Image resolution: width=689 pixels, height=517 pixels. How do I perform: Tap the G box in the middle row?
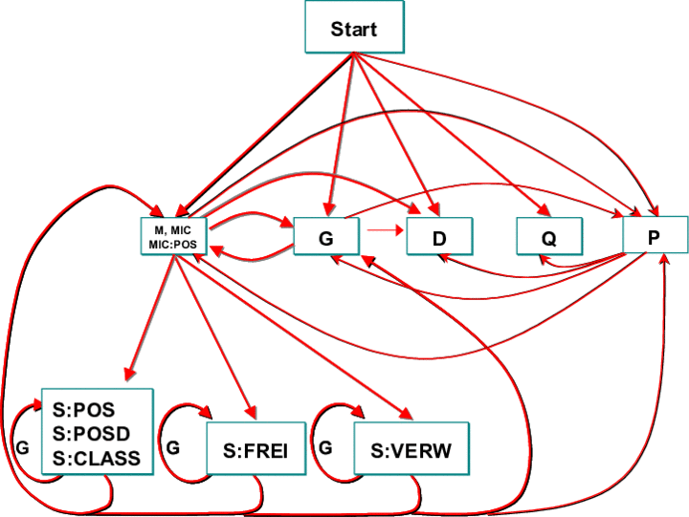pyautogui.click(x=326, y=236)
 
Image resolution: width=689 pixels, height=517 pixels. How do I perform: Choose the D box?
pyautogui.click(x=439, y=236)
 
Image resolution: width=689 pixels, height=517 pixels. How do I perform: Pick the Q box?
pyautogui.click(x=548, y=236)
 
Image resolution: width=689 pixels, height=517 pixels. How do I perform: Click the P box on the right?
pyautogui.click(x=655, y=235)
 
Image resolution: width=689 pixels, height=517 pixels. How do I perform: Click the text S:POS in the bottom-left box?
pyautogui.click(x=82, y=410)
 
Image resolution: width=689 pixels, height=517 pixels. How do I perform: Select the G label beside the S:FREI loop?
pyautogui.click(x=172, y=446)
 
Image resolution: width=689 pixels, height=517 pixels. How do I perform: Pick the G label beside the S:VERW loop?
pyautogui.click(x=326, y=446)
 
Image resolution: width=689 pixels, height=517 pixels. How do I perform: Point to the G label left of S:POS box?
pyautogui.click(x=23, y=446)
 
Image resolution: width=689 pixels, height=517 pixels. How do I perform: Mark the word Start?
pyautogui.click(x=354, y=29)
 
